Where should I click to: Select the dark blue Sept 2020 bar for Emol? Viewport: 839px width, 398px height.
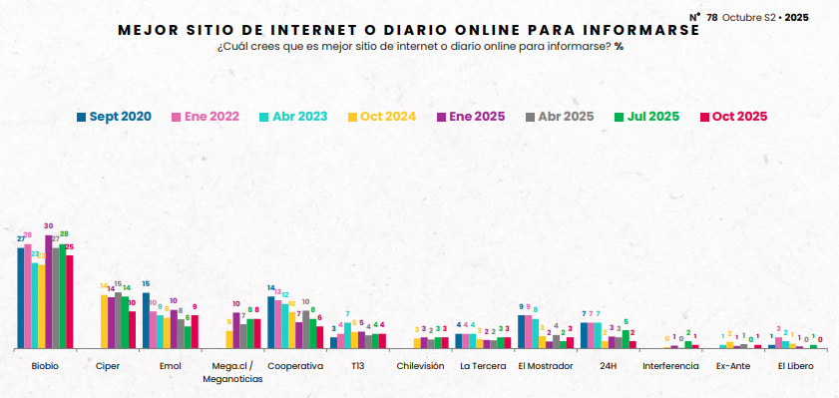[146, 320]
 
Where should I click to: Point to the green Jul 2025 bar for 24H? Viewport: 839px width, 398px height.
[626, 339]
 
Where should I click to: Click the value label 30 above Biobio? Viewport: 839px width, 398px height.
[48, 226]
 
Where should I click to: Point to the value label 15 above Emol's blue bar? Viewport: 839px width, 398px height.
[146, 284]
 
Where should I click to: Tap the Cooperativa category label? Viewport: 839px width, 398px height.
[295, 366]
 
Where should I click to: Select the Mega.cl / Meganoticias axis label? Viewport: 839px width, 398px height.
[232, 372]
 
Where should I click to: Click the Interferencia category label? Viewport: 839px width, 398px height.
[670, 366]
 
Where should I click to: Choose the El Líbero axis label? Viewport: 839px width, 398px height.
[795, 366]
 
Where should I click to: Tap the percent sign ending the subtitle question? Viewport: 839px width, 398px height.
[620, 47]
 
